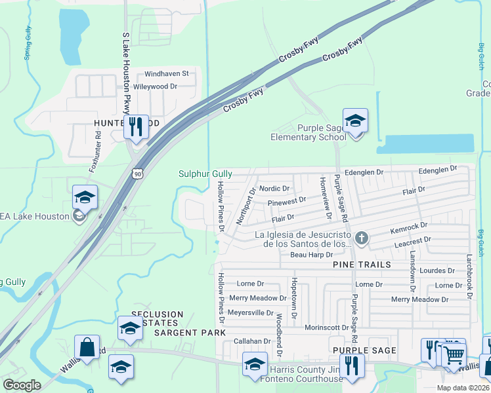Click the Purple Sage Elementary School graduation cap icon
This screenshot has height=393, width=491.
pyautogui.click(x=355, y=121)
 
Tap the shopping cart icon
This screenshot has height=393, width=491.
pyautogui.click(x=454, y=356)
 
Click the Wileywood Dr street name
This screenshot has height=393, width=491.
pyautogui.click(x=156, y=86)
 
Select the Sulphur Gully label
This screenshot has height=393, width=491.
pyautogui.click(x=205, y=174)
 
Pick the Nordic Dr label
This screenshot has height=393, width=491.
pyautogui.click(x=274, y=189)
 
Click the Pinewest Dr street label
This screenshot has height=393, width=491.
pyautogui.click(x=287, y=200)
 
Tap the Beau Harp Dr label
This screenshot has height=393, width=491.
pyautogui.click(x=312, y=254)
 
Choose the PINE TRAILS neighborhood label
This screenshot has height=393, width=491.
pyautogui.click(x=362, y=265)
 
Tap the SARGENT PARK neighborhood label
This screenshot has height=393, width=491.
pyautogui.click(x=185, y=333)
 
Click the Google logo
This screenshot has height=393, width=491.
pyautogui.click(x=22, y=385)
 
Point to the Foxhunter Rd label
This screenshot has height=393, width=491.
pyautogui.click(x=96, y=152)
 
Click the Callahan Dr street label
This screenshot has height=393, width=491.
pyautogui.click(x=252, y=341)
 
